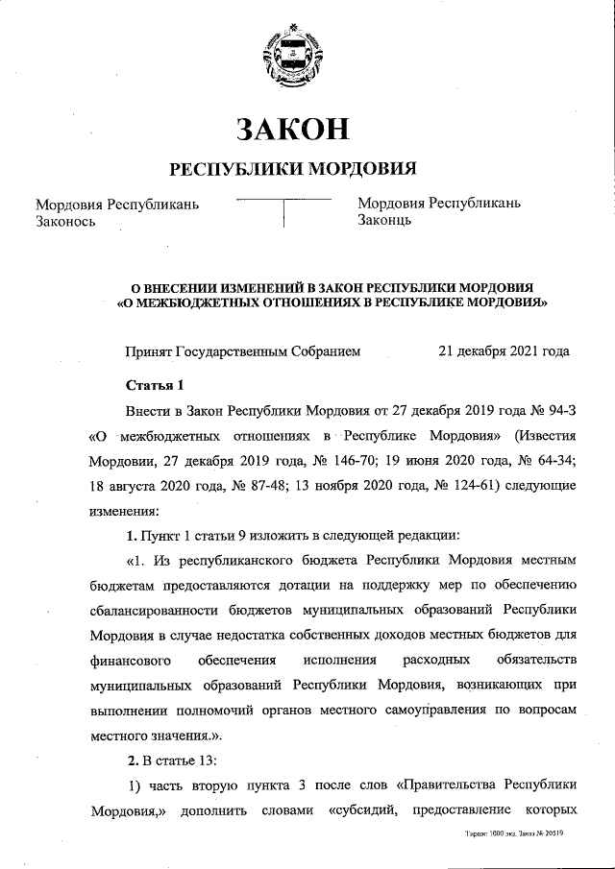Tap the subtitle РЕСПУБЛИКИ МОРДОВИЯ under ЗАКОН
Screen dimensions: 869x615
pyautogui.click(x=292, y=169)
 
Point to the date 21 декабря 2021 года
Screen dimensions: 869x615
pyautogui.click(x=504, y=351)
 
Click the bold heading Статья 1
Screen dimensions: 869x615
pyautogui.click(x=155, y=386)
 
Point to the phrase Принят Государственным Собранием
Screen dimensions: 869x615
pyautogui.click(x=243, y=351)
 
